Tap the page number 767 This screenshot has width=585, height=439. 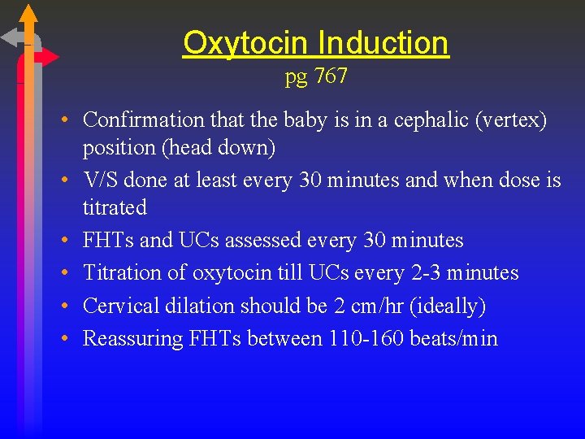tap(331, 76)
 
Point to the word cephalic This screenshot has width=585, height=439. tap(433, 120)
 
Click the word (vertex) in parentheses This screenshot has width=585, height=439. tap(512, 120)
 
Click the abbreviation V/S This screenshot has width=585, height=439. tap(102, 180)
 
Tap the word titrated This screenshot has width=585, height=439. tap(115, 208)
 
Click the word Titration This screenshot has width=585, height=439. tap(121, 273)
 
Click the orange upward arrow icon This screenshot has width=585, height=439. tap(28, 16)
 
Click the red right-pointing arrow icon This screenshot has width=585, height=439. tap(46, 57)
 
